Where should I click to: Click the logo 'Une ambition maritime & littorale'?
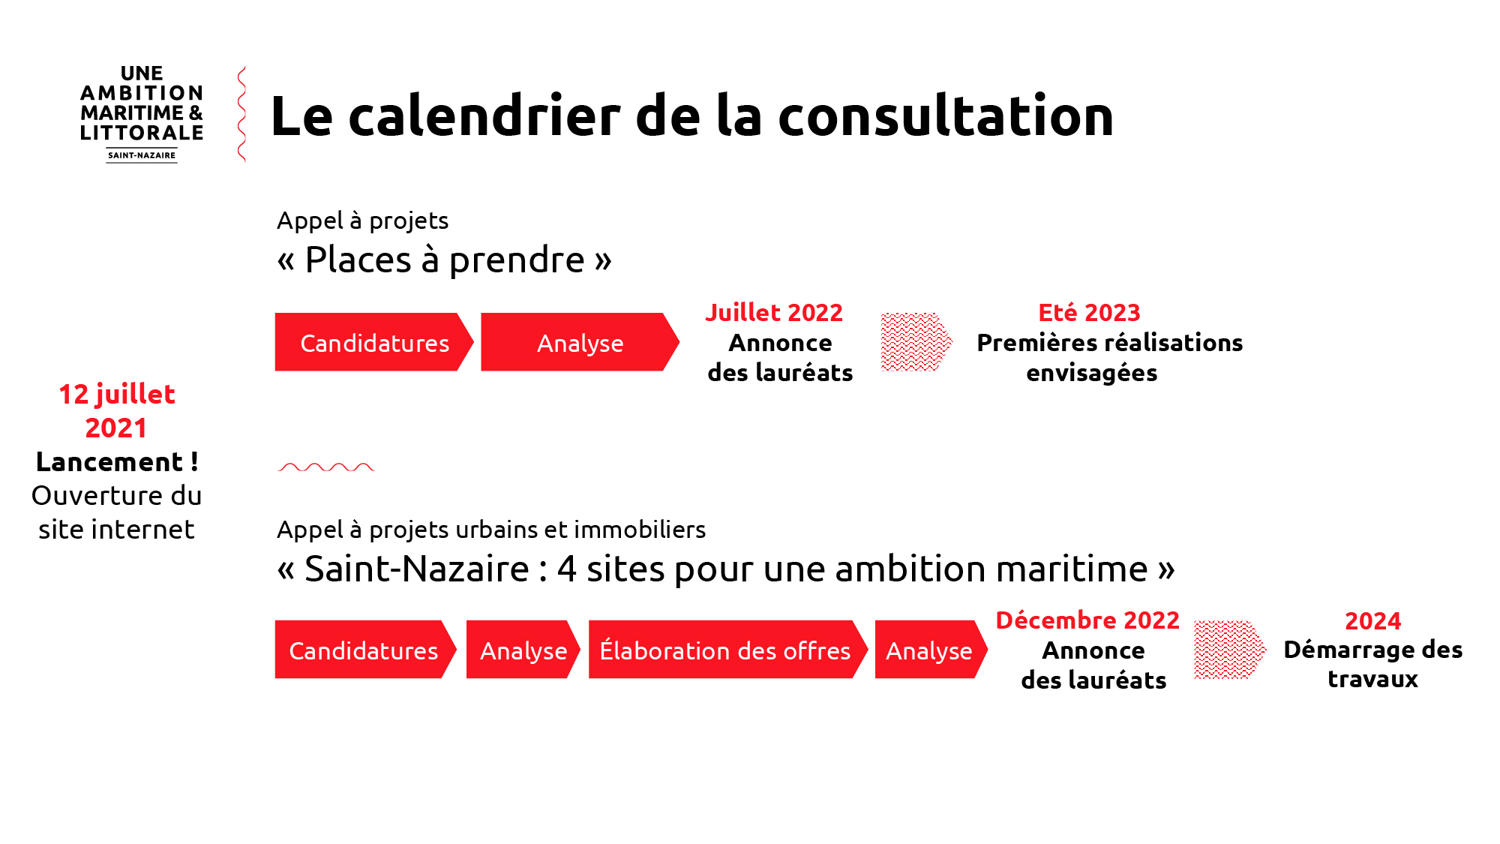tap(142, 113)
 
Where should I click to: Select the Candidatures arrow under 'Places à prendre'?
tap(374, 342)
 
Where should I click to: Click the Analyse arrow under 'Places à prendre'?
tap(580, 342)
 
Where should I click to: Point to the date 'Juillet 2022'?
tap(774, 312)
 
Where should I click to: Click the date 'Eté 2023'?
tap(1089, 312)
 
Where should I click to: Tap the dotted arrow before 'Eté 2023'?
tap(916, 342)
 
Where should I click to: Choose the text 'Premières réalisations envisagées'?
tap(1109, 357)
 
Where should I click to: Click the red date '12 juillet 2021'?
tap(117, 410)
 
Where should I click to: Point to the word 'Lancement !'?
tap(117, 461)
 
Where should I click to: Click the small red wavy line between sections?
tap(325, 467)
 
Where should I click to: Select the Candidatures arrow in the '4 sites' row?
tap(365, 650)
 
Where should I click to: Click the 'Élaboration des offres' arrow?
tap(727, 650)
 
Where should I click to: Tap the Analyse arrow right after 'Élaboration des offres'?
tap(931, 650)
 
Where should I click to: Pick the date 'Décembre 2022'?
tap(1087, 620)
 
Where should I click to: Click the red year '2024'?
tap(1372, 620)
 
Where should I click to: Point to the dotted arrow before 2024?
tap(1230, 650)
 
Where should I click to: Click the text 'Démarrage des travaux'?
tap(1372, 664)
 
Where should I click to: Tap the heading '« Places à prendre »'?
tap(444, 260)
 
